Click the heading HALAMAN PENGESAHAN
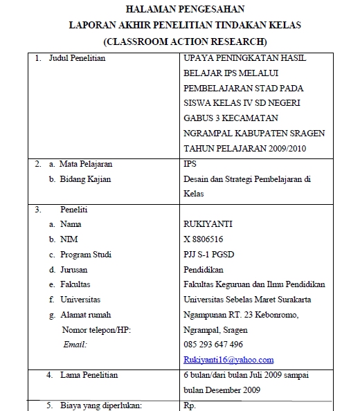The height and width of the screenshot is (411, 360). pyautogui.click(x=179, y=9)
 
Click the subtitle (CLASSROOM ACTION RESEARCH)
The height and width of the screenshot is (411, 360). pyautogui.click(x=179, y=42)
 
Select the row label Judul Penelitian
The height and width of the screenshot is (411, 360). pyautogui.click(x=77, y=59)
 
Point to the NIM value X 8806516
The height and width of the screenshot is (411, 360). pyautogui.click(x=204, y=239)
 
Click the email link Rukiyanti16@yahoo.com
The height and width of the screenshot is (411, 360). pyautogui.click(x=228, y=360)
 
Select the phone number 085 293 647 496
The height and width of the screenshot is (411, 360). pyautogui.click(x=213, y=345)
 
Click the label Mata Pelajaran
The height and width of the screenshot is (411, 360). pyautogui.click(x=87, y=165)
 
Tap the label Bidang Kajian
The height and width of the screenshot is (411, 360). pyautogui.click(x=86, y=179)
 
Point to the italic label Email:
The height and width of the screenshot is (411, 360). pyautogui.click(x=75, y=344)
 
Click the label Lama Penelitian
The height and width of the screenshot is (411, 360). pyautogui.click(x=87, y=375)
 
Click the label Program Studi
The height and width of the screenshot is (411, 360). pyautogui.click(x=86, y=255)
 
